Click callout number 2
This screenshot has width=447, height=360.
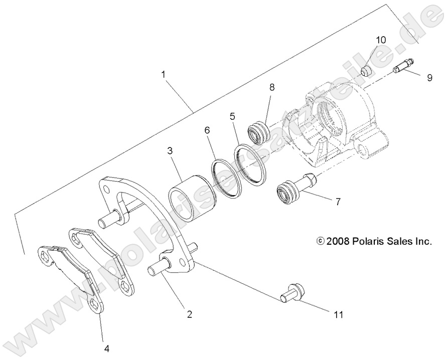pos(189,314)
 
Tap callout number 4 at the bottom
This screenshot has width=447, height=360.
pos(106,347)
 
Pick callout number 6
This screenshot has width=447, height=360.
pos(207,130)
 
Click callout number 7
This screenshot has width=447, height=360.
pos(338,202)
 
